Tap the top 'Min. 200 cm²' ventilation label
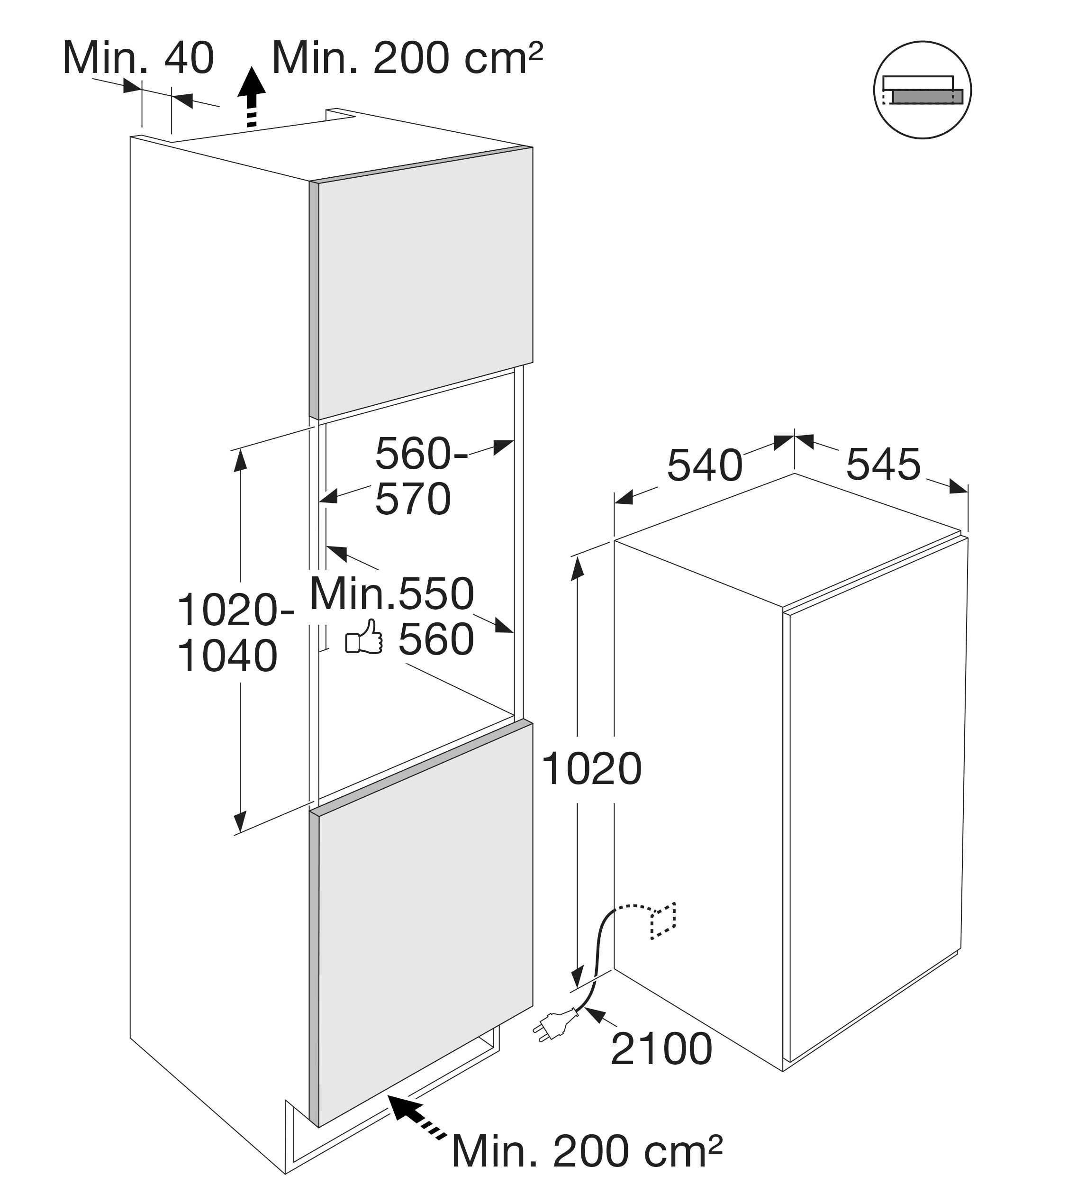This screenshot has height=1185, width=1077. click(x=407, y=58)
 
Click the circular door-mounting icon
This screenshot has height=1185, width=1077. click(x=922, y=90)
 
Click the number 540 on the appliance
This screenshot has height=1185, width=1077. click(x=705, y=465)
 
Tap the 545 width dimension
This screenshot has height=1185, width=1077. click(x=883, y=465)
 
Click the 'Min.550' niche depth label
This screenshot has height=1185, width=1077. click(x=392, y=593)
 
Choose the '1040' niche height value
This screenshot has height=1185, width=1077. click(x=227, y=656)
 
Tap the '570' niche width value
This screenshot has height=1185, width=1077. click(x=413, y=500)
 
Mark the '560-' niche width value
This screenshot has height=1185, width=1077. click(x=421, y=454)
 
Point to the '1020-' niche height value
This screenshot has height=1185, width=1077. click(x=235, y=610)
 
